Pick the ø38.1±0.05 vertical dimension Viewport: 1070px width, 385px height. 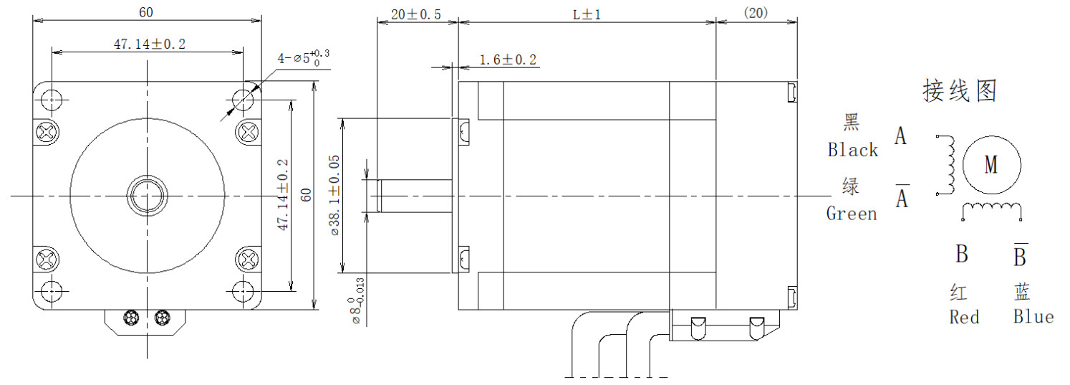[334, 195]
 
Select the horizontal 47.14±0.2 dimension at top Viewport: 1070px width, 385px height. [150, 44]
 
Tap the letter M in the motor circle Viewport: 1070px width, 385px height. [991, 165]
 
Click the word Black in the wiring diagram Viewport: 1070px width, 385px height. [852, 150]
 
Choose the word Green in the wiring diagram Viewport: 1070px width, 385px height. [851, 214]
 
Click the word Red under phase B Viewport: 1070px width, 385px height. [963, 317]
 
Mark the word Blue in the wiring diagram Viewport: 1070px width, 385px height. [1033, 317]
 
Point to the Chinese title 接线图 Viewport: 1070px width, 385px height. [959, 91]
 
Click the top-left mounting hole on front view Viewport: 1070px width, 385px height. [52, 98]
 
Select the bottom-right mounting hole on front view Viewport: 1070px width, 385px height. [244, 291]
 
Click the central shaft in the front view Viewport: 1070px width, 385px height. [148, 195]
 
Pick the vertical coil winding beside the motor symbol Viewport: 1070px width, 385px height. [950, 165]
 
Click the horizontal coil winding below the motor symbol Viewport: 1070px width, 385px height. [991, 209]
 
